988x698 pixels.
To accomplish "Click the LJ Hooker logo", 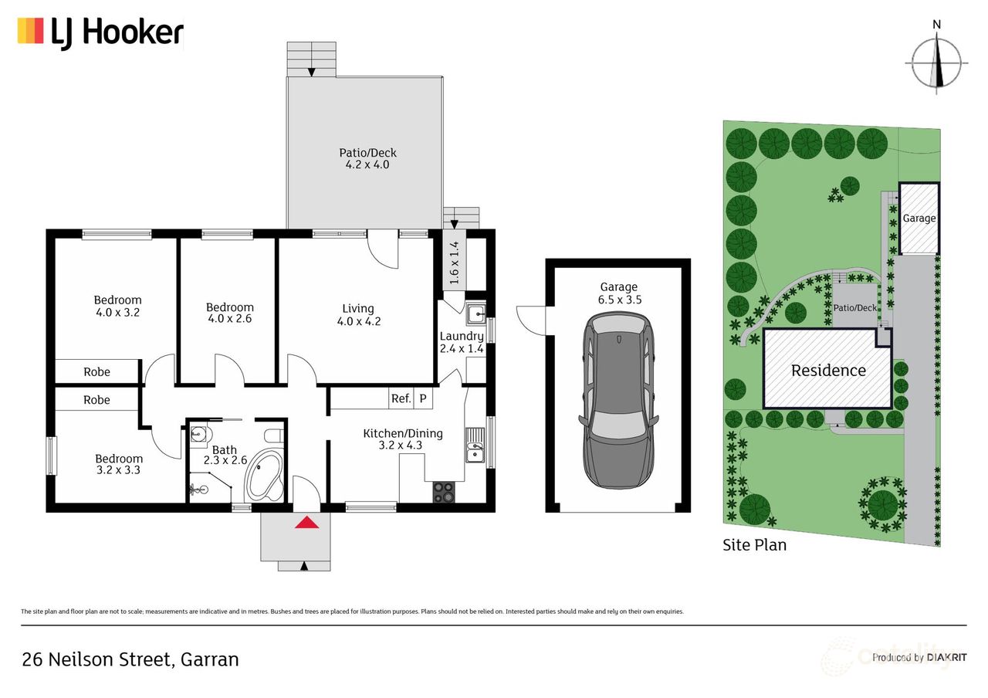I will [100, 32].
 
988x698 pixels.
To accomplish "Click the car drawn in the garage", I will [618, 399].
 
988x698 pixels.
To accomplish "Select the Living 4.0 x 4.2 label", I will [358, 315].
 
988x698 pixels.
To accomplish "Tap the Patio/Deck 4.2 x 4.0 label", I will [367, 159].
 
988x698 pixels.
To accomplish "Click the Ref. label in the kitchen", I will [401, 398].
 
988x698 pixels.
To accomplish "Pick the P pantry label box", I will [423, 398].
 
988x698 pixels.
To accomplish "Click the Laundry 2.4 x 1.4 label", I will [462, 342].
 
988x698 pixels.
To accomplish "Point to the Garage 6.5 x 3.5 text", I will [618, 293].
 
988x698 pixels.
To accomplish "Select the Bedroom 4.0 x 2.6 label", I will [229, 313].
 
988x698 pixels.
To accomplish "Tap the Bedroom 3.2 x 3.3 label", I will [118, 463].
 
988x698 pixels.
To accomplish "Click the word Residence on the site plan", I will [828, 371].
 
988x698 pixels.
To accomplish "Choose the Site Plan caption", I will [754, 545].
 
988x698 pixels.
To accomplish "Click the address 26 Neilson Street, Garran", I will [130, 659].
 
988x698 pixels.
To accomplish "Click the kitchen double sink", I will [474, 449].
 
